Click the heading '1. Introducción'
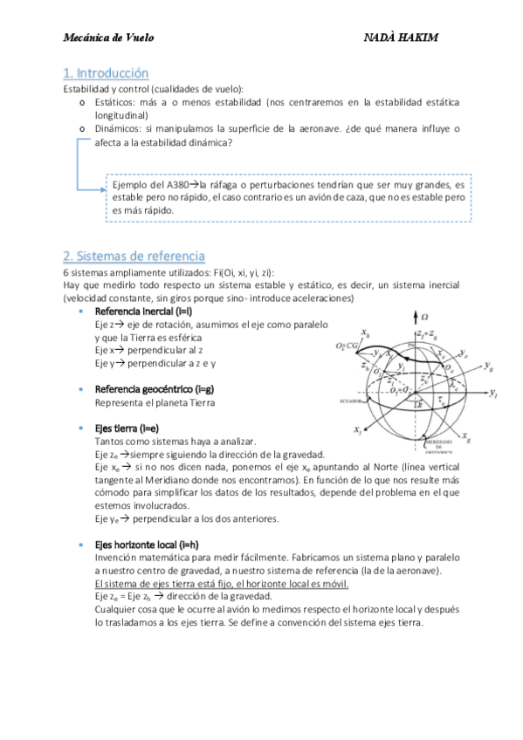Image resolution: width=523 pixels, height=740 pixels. pyautogui.click(x=106, y=73)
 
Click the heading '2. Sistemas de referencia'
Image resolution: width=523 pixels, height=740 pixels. pyautogui.click(x=134, y=256)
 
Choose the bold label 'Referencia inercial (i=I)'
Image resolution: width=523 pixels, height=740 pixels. pyautogui.click(x=143, y=312)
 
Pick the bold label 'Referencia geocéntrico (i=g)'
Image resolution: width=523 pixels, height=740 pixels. pyautogui.click(x=152, y=389)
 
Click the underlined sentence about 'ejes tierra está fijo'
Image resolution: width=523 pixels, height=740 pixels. pyautogui.click(x=222, y=583)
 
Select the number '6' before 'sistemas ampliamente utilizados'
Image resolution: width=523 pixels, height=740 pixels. pyautogui.click(x=66, y=272)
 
